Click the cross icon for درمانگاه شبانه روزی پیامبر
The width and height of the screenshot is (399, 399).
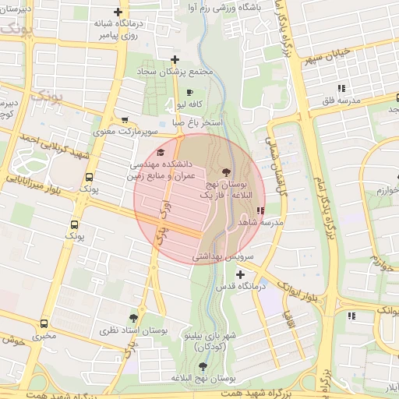[118, 12]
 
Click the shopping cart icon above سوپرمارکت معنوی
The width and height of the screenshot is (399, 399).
[125, 119]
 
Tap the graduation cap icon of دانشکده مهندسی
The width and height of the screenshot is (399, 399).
[161, 153]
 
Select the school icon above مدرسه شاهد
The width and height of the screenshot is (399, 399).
[260, 210]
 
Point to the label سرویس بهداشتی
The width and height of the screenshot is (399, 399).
[219, 256]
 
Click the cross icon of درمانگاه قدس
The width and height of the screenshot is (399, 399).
[239, 274]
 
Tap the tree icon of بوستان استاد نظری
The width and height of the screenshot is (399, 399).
[133, 318]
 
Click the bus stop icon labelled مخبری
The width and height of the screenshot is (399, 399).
[43, 323]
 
